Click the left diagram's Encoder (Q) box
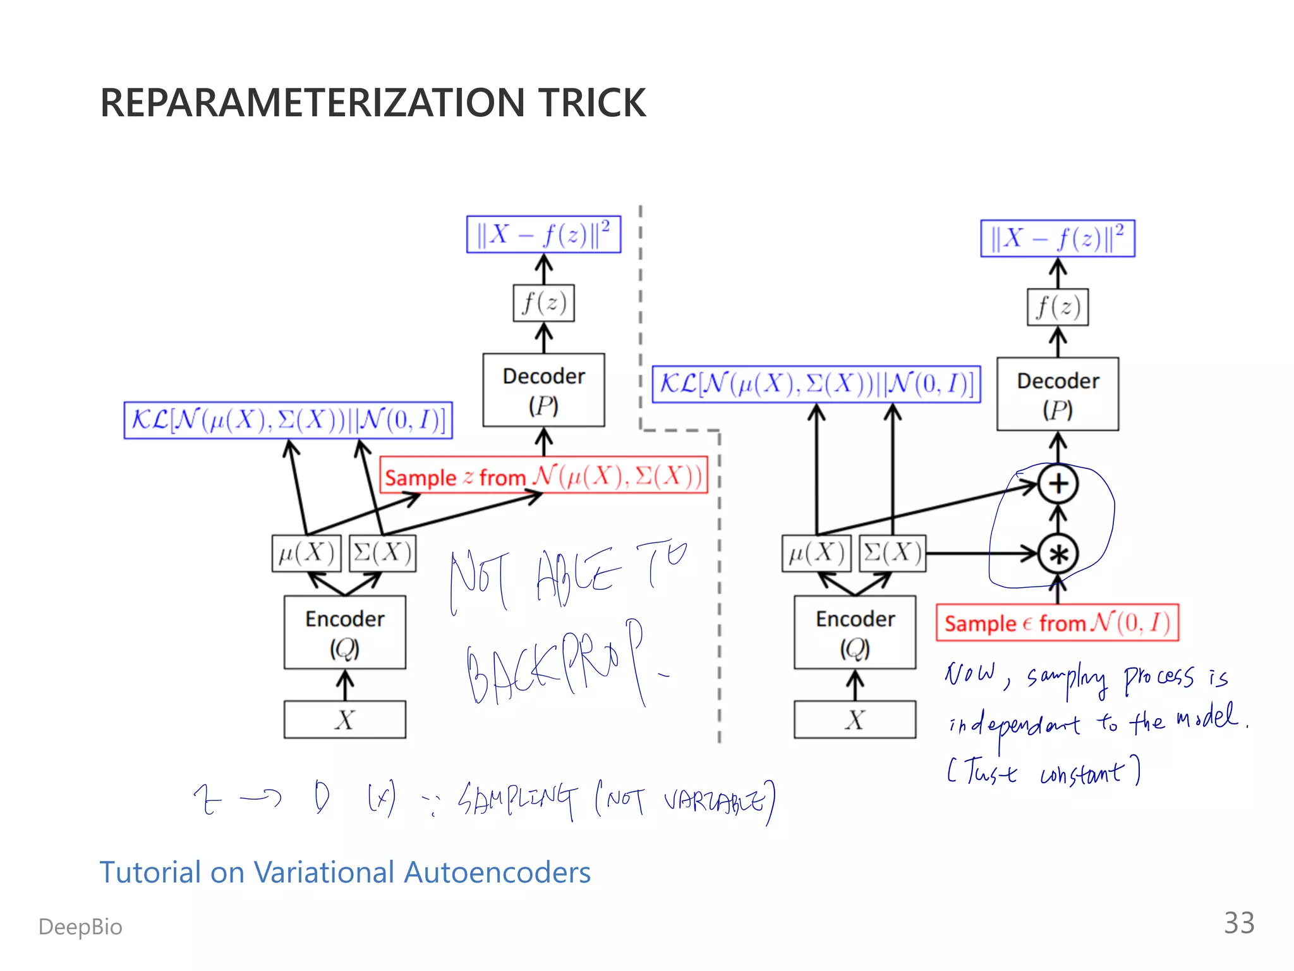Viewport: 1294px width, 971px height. click(344, 632)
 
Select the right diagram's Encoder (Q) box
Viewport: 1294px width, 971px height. click(854, 632)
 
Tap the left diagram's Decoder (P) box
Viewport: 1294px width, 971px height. click(543, 390)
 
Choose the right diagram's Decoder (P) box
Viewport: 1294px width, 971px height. click(1057, 394)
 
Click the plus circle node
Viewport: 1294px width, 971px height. click(1058, 484)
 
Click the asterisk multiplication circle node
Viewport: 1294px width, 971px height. click(1058, 554)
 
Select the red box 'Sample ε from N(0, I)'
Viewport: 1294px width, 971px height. click(1057, 623)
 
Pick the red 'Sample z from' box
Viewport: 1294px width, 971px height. click(543, 475)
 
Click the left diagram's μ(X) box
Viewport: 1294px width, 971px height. click(306, 554)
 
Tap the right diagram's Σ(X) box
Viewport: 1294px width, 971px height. click(892, 554)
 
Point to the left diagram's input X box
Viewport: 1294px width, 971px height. click(344, 719)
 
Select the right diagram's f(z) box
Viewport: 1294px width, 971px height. click(1057, 307)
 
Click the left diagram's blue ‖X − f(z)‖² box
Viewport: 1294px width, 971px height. click(543, 235)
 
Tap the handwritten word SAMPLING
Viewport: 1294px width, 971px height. click(518, 800)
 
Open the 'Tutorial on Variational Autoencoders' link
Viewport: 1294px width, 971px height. click(345, 872)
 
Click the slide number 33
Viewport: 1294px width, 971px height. click(1238, 923)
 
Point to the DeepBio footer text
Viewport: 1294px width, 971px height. click(80, 927)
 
